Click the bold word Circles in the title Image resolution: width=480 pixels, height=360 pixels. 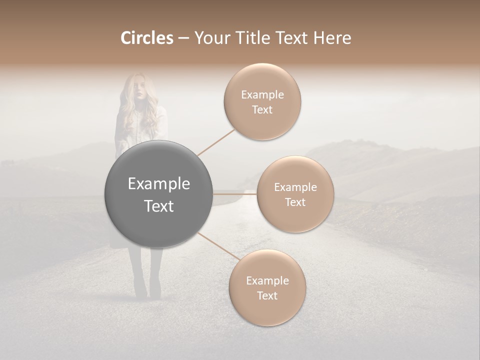pyautogui.click(x=146, y=38)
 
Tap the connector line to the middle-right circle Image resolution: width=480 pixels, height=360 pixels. pyautogui.click(x=235, y=193)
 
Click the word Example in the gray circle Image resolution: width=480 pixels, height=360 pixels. pyautogui.click(x=159, y=184)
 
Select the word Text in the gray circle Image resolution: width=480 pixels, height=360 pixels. pyautogui.click(x=159, y=206)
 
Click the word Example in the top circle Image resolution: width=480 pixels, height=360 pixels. pyautogui.click(x=262, y=95)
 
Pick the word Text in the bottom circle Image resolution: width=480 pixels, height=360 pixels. pyautogui.click(x=267, y=295)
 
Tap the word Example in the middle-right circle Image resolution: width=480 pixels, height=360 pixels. pyautogui.click(x=295, y=187)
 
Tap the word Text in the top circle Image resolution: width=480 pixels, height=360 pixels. pyautogui.click(x=262, y=110)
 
